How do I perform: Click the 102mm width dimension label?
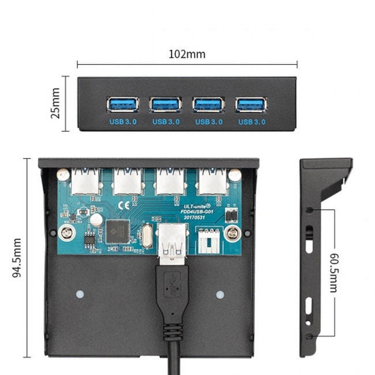(187, 54)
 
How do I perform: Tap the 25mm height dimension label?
(55, 103)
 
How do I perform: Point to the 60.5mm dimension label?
(334, 273)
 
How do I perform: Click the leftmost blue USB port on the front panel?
(123, 104)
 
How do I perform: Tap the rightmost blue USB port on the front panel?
(251, 104)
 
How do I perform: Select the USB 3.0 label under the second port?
(166, 122)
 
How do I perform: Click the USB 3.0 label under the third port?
(209, 122)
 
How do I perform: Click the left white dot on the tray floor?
(80, 295)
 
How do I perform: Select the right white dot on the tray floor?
(220, 295)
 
